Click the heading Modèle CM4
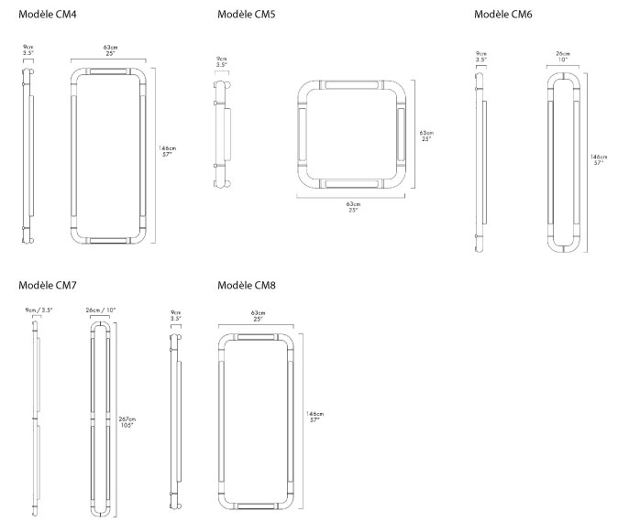pyautogui.click(x=47, y=15)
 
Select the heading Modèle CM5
pyautogui.click(x=247, y=15)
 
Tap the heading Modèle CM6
pyautogui.click(x=502, y=15)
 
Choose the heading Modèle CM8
pyautogui.click(x=247, y=286)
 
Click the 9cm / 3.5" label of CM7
pyautogui.click(x=39, y=310)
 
